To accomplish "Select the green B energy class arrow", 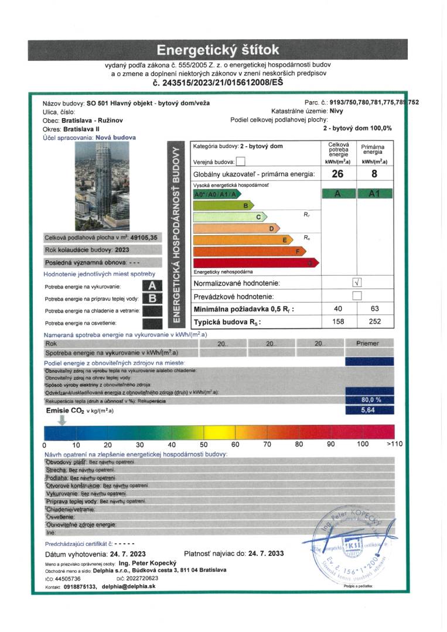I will point(223,205).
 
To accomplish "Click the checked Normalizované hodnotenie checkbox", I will point(357,282).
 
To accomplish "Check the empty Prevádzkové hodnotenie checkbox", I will point(357,296).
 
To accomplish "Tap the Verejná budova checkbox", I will point(240,162).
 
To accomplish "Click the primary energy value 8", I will point(374,174).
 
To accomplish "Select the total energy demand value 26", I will point(338,174).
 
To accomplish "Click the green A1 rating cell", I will point(374,194).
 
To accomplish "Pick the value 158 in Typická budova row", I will point(338,321).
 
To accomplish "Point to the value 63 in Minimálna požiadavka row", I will point(374,308).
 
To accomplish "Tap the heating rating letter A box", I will point(152,286).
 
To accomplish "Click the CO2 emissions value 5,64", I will point(369,410).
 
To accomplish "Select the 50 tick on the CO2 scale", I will point(204,444).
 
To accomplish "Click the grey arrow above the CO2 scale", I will point(63,420).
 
